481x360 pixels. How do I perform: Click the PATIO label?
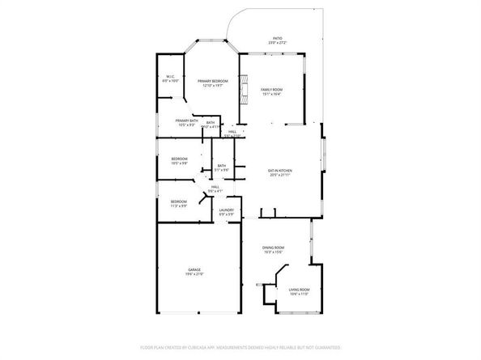click(x=277, y=38)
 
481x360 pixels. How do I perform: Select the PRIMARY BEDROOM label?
click(x=212, y=81)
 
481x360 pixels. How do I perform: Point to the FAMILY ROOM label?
click(x=271, y=89)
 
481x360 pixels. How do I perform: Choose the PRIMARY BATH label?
click(x=186, y=120)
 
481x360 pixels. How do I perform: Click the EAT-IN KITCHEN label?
click(x=279, y=171)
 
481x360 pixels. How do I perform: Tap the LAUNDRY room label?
click(x=227, y=210)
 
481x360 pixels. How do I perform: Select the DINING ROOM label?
click(x=273, y=247)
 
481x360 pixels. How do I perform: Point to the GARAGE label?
click(x=194, y=269)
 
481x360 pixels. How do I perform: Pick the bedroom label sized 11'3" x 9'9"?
click(x=179, y=201)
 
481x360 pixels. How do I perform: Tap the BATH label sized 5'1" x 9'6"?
click(x=221, y=166)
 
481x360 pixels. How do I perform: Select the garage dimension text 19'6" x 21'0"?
click(x=194, y=274)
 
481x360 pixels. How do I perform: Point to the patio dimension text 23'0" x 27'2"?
click(x=277, y=43)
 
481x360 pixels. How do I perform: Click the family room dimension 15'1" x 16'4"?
click(x=271, y=94)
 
